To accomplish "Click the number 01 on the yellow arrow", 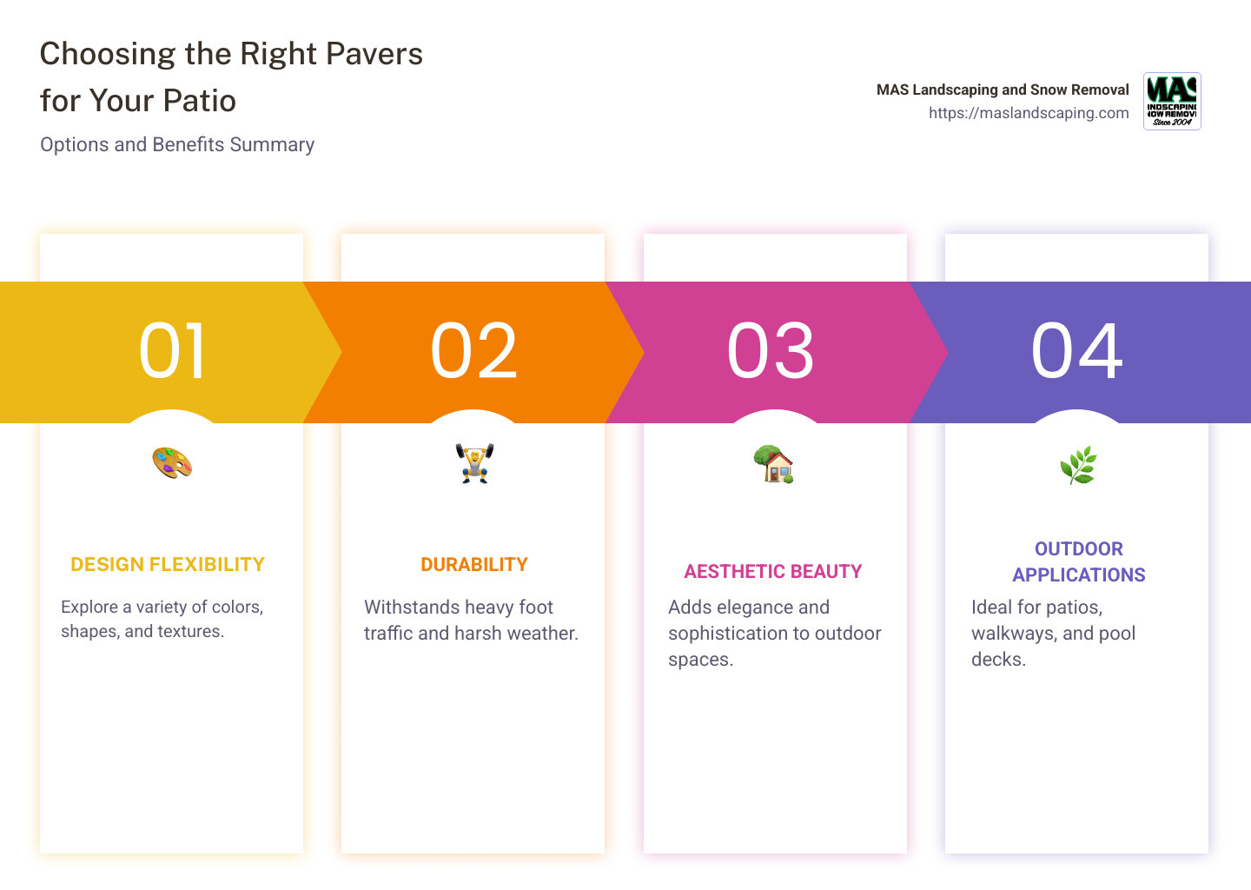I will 173,351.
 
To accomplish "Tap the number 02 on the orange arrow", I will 473,351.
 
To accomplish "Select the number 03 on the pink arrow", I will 771,351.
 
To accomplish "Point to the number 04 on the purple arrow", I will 1076,351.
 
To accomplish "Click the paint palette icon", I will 172,462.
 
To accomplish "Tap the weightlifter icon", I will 474,463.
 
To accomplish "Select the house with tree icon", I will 773,464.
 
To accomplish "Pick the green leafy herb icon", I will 1078,466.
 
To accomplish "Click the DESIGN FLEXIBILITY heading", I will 168,565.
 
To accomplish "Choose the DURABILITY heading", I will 474,565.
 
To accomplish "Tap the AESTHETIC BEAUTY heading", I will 773,572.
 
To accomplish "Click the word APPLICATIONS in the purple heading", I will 1079,575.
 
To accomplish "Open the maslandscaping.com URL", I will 1029,113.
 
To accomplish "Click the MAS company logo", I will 1172,101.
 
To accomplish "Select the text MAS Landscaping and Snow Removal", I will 1003,90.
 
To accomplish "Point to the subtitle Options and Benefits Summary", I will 177,145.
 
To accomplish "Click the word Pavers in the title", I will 374,54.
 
